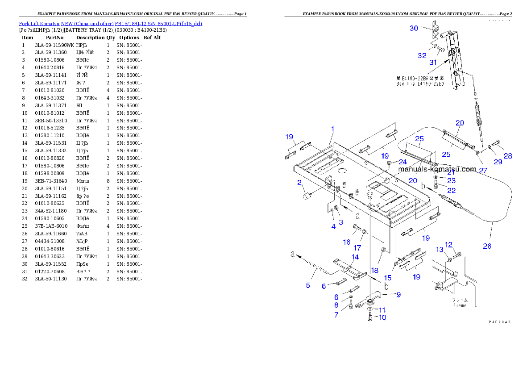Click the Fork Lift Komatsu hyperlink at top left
[110, 23]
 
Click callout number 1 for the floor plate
[332, 129]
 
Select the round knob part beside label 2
[307, 196]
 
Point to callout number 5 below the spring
[308, 285]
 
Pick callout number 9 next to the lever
[398, 294]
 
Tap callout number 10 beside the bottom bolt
[382, 318]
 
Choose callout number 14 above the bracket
[355, 257]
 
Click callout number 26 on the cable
[487, 246]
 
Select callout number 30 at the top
[414, 28]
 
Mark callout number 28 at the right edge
[508, 156]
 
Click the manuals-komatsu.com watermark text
[437, 169]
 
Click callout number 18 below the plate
[374, 270]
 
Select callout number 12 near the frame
[448, 244]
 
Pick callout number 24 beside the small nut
[402, 162]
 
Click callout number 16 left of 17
[347, 242]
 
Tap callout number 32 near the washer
[422, 56]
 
